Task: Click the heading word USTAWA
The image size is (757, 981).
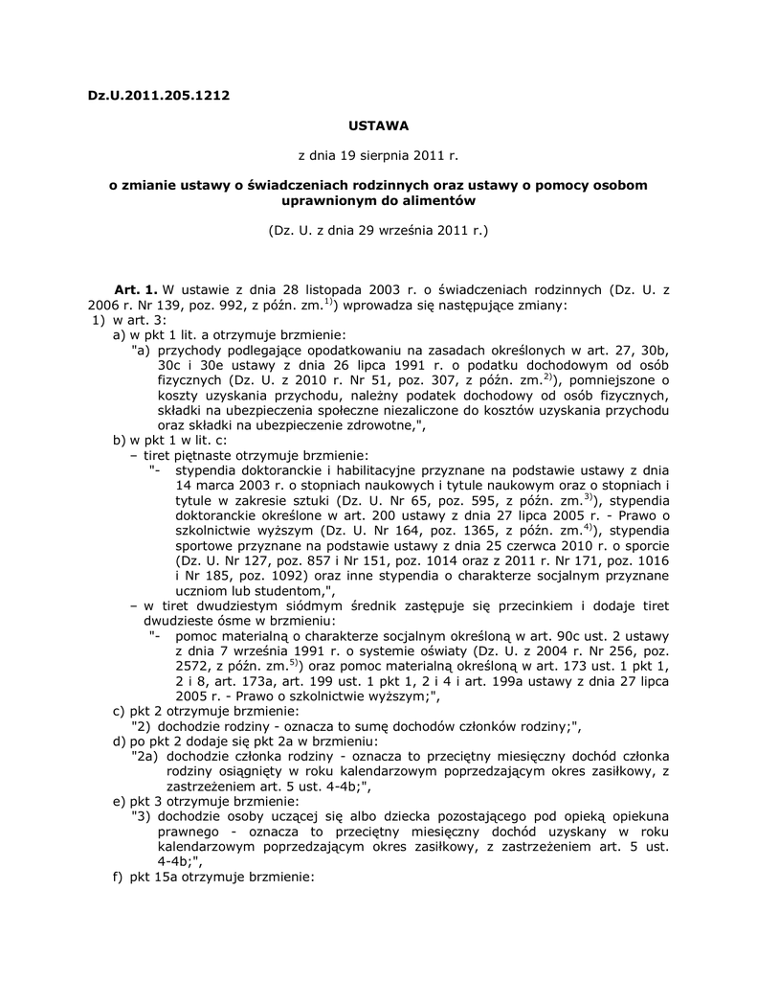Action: pyautogui.click(x=378, y=125)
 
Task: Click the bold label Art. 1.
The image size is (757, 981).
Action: pyautogui.click(x=136, y=288)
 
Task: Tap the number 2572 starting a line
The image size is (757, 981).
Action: pyautogui.click(x=192, y=665)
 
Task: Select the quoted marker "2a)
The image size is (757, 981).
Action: pyautogui.click(x=145, y=756)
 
